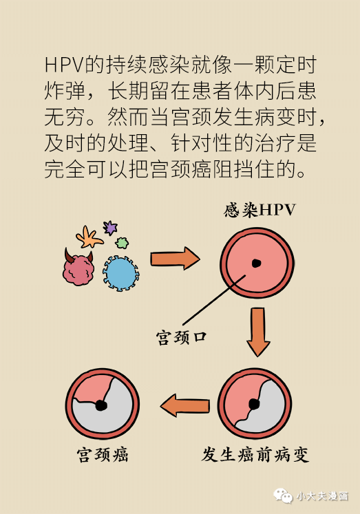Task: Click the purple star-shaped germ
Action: (110, 228)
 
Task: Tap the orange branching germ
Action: (89, 237)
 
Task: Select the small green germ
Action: (122, 243)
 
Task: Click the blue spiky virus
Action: (121, 273)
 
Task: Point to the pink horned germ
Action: (78, 267)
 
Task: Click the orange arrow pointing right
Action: (175, 259)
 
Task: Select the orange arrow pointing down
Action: (258, 332)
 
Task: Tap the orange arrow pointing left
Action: (185, 405)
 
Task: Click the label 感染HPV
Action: (260, 210)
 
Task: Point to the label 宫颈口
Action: (181, 337)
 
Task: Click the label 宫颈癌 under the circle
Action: (103, 454)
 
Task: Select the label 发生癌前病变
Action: (255, 454)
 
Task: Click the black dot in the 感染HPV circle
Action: (256, 263)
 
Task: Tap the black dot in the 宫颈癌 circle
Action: (101, 405)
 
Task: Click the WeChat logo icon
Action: (283, 495)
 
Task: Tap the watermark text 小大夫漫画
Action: (322, 496)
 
